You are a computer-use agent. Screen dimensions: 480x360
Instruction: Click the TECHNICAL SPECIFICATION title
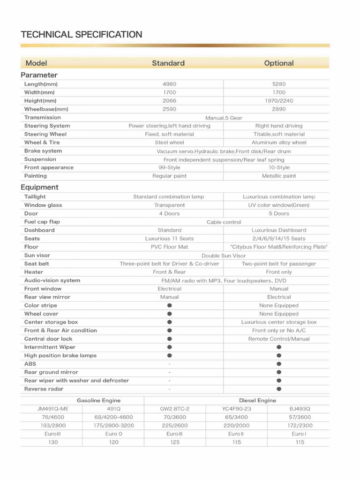click(81, 34)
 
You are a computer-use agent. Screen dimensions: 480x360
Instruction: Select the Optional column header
click(279, 63)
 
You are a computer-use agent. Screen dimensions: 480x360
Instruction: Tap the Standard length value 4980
click(169, 84)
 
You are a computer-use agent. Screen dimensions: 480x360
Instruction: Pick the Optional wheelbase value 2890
click(279, 109)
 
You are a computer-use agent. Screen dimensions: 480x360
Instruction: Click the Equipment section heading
click(39, 187)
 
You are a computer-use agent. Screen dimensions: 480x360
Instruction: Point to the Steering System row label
click(47, 126)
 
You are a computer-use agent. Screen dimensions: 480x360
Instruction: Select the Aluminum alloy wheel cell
click(279, 142)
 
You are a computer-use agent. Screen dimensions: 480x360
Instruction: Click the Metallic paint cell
click(279, 176)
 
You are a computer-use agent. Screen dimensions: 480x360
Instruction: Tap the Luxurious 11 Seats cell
click(169, 239)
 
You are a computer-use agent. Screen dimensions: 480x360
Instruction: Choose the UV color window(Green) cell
click(279, 205)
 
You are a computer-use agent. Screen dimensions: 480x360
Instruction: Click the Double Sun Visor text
click(224, 255)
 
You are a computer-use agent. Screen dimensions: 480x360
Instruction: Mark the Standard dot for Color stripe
click(169, 306)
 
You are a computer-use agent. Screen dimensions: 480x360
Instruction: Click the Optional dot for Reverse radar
click(279, 389)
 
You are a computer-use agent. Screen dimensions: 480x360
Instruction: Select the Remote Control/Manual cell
click(279, 339)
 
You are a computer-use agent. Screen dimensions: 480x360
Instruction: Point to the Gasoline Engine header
click(98, 400)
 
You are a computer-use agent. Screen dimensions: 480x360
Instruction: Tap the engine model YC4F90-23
click(236, 409)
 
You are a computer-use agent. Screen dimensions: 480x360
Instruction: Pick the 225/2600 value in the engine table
click(175, 426)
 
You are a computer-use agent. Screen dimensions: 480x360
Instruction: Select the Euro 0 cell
click(113, 434)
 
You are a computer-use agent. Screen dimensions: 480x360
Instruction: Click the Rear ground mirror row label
click(51, 372)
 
